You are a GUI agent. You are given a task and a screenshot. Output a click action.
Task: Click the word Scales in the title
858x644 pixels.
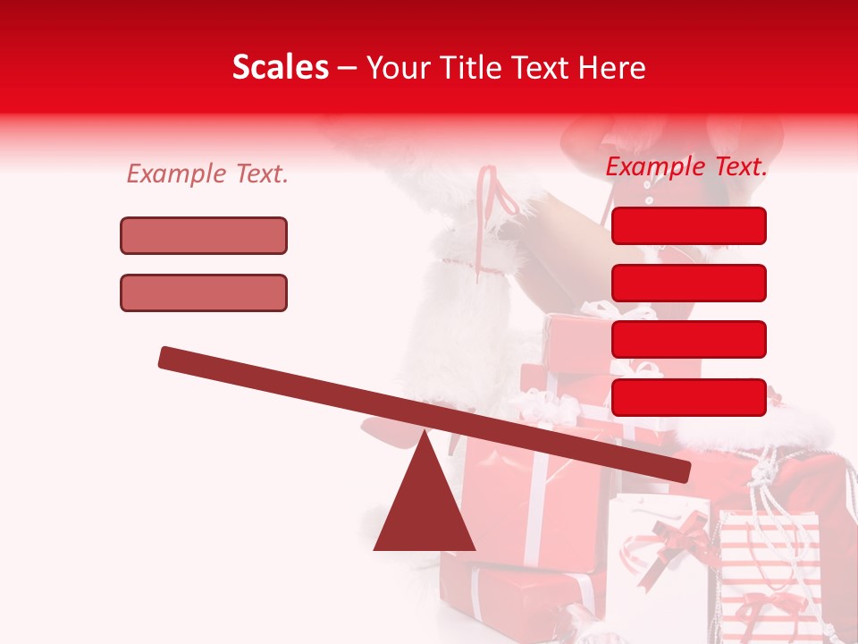(280, 67)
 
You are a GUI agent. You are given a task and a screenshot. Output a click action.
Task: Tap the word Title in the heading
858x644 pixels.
(471, 67)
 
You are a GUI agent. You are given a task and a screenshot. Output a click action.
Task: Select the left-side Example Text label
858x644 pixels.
(207, 174)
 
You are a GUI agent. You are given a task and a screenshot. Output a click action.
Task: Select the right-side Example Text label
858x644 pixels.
(686, 166)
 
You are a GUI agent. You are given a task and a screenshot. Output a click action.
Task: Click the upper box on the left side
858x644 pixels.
(204, 236)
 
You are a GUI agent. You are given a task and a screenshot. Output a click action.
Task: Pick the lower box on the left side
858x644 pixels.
(204, 292)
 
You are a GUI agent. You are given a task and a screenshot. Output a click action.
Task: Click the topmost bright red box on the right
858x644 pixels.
(688, 225)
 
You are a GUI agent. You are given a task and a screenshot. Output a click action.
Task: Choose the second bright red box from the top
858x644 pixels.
(688, 283)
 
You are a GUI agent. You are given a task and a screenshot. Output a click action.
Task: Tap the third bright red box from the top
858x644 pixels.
(688, 339)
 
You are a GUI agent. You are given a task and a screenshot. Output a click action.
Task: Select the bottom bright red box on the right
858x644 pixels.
(688, 397)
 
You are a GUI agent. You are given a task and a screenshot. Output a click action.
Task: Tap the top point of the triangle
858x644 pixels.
(424, 434)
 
